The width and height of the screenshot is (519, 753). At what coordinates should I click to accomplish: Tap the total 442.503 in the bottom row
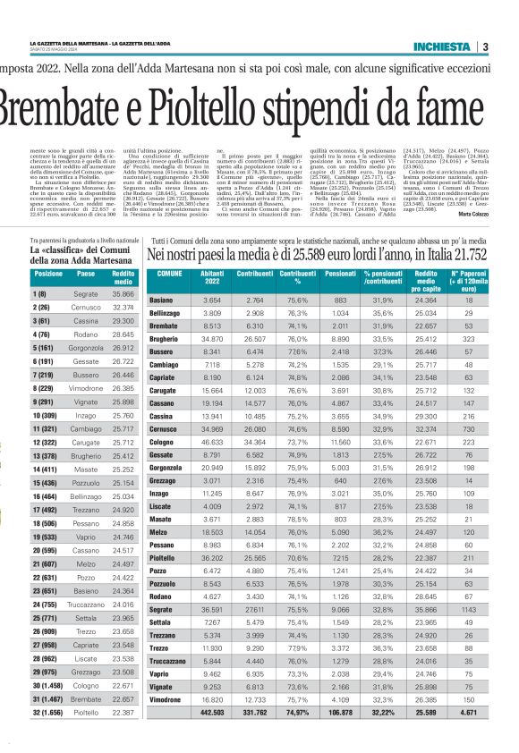[x=212, y=712]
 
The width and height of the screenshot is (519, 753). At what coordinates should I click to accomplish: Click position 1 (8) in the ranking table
[x=40, y=294]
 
